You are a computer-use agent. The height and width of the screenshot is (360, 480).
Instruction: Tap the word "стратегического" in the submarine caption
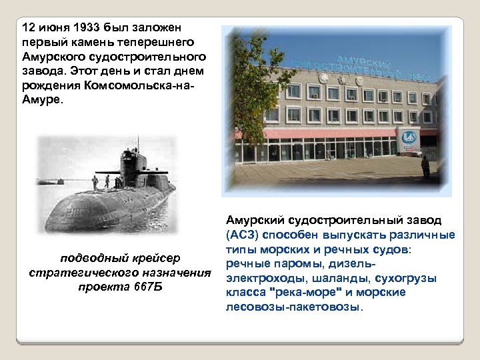[x=74, y=273]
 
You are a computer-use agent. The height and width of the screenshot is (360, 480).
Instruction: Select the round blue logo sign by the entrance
[x=409, y=138]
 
